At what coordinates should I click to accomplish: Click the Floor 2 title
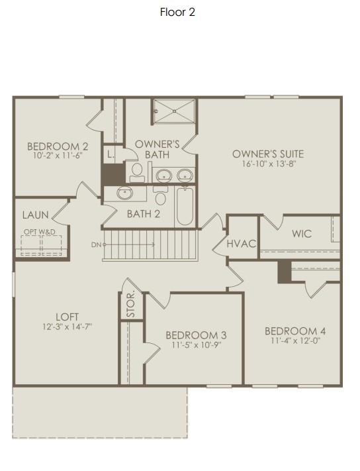coord(177,12)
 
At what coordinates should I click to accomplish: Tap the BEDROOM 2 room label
coord(48,146)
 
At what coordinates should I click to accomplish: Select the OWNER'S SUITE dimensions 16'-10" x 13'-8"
coord(268,164)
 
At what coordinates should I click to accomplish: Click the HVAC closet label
coord(241,244)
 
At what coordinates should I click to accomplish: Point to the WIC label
coord(301,233)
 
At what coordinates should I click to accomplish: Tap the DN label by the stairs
coord(97,244)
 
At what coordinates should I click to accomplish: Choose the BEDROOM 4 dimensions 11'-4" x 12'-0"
coord(294,340)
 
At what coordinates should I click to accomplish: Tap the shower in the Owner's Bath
coord(175,111)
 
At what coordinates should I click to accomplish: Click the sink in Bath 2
coord(124,193)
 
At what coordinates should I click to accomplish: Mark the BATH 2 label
coord(144,213)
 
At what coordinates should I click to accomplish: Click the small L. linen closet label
coord(111,154)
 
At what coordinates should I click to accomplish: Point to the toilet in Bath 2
coord(160,197)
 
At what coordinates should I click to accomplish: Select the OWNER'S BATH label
coord(157,149)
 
